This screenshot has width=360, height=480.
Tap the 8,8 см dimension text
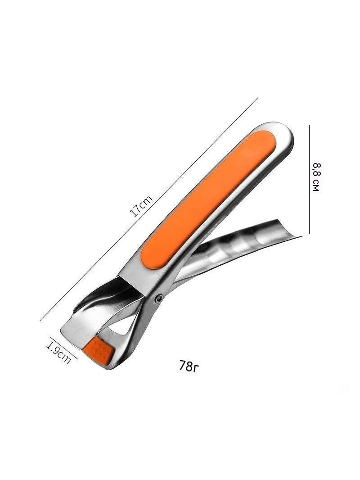pos(316,177)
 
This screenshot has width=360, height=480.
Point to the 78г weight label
pos(189,366)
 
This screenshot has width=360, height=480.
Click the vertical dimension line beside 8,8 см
pos(310,179)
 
